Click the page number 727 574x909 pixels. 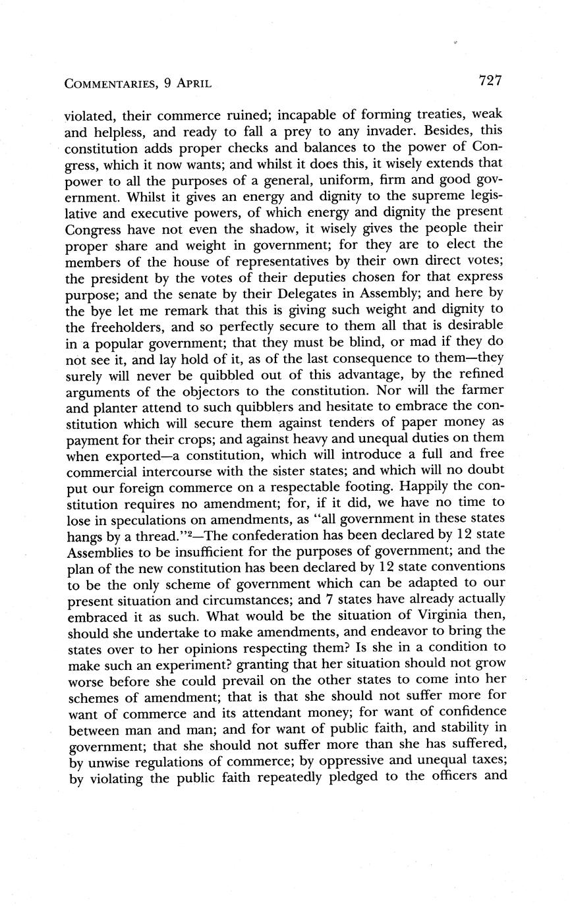491,81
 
